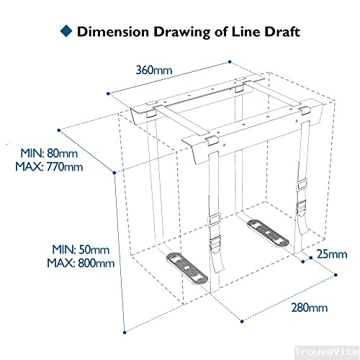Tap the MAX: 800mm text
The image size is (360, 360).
click(81, 263)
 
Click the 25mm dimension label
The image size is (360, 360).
click(332, 253)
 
